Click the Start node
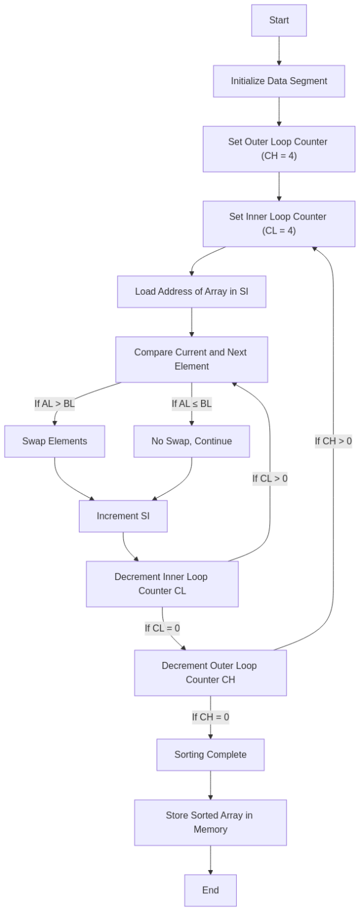coord(279,20)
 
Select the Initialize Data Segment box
coord(279,81)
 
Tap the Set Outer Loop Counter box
coord(279,149)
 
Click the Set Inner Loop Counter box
coord(279,224)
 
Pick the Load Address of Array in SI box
coord(192,292)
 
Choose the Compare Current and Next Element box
coord(192,359)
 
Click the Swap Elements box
coord(55,441)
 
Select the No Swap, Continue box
coord(192,441)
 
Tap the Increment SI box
coord(123,516)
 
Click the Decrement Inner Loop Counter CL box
coord(162,584)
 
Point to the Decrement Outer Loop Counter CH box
coord(210,673)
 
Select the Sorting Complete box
coord(210,755)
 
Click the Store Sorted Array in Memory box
coord(210,823)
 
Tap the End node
coord(210,890)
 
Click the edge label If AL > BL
coord(55,404)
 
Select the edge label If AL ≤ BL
coord(192,404)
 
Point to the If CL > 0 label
coord(270,479)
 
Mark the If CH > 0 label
coord(333,441)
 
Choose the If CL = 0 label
coord(163,628)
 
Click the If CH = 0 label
coord(210,717)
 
